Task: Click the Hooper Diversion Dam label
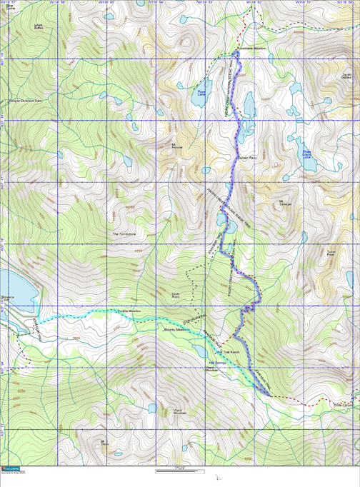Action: [26, 100]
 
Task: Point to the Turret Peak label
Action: [331, 253]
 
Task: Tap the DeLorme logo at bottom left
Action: [11, 469]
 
